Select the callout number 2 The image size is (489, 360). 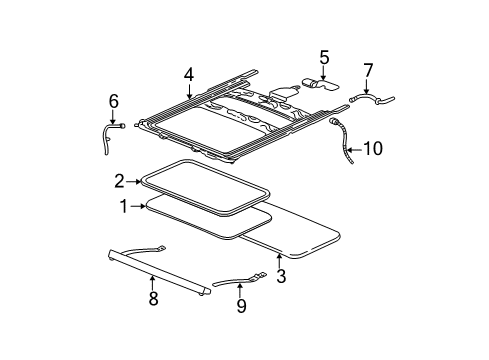click(x=119, y=181)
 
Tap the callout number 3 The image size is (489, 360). click(x=281, y=277)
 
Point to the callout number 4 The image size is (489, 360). click(x=188, y=73)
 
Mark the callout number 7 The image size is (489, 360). click(x=368, y=70)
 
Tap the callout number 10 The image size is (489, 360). click(x=373, y=149)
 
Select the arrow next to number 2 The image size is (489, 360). click(x=136, y=181)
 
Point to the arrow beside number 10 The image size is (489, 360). click(x=356, y=148)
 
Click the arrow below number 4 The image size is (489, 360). click(x=188, y=91)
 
